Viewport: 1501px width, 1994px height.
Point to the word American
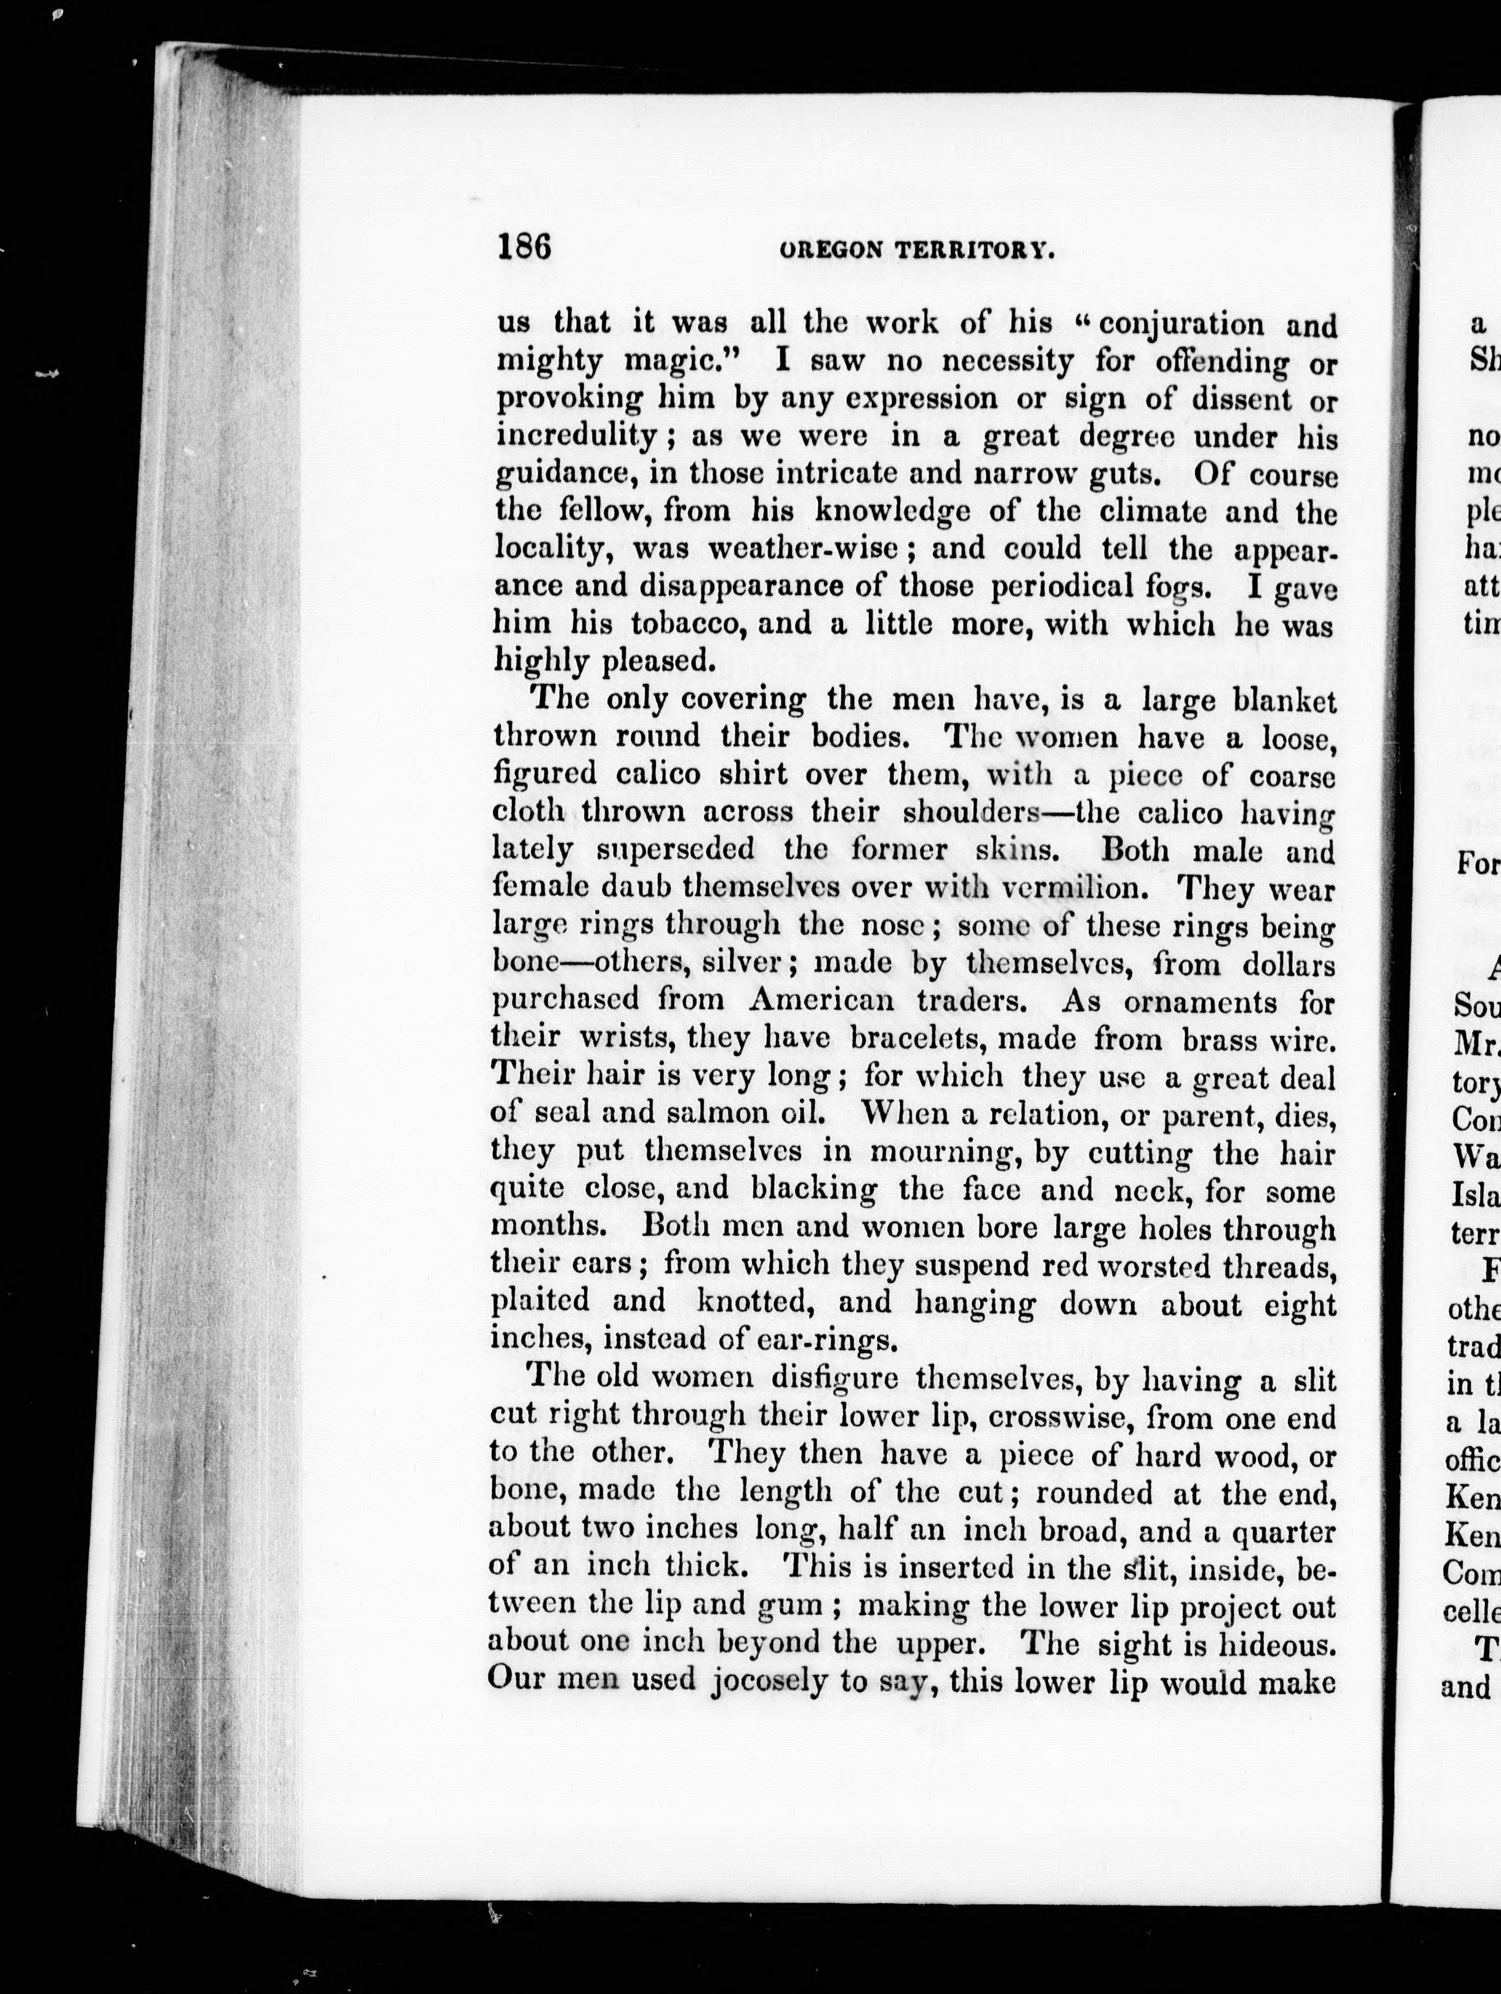[x=821, y=1000]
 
